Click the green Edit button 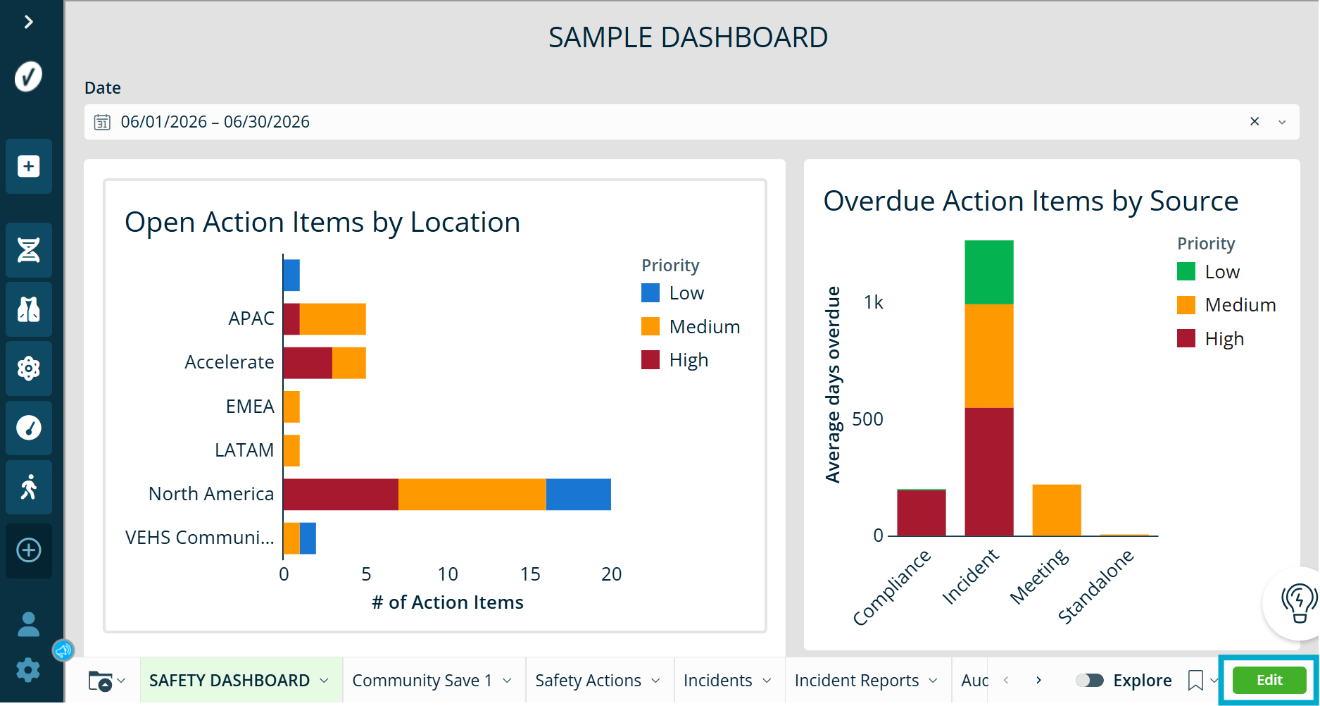click(x=1269, y=680)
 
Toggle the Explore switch click(x=1089, y=680)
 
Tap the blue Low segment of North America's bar click(x=578, y=495)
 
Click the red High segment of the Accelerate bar click(x=308, y=363)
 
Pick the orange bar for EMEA click(x=291, y=407)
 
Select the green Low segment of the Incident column click(x=989, y=272)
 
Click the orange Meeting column click(x=1057, y=510)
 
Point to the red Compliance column click(x=922, y=513)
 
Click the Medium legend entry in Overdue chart click(x=1226, y=305)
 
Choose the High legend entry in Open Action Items click(x=675, y=360)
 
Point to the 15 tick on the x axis click(x=530, y=574)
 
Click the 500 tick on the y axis click(x=867, y=419)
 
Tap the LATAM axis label click(x=244, y=450)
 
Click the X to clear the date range click(x=1255, y=121)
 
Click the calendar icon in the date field click(x=102, y=122)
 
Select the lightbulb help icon click(x=1298, y=603)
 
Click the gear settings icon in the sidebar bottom click(x=28, y=670)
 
